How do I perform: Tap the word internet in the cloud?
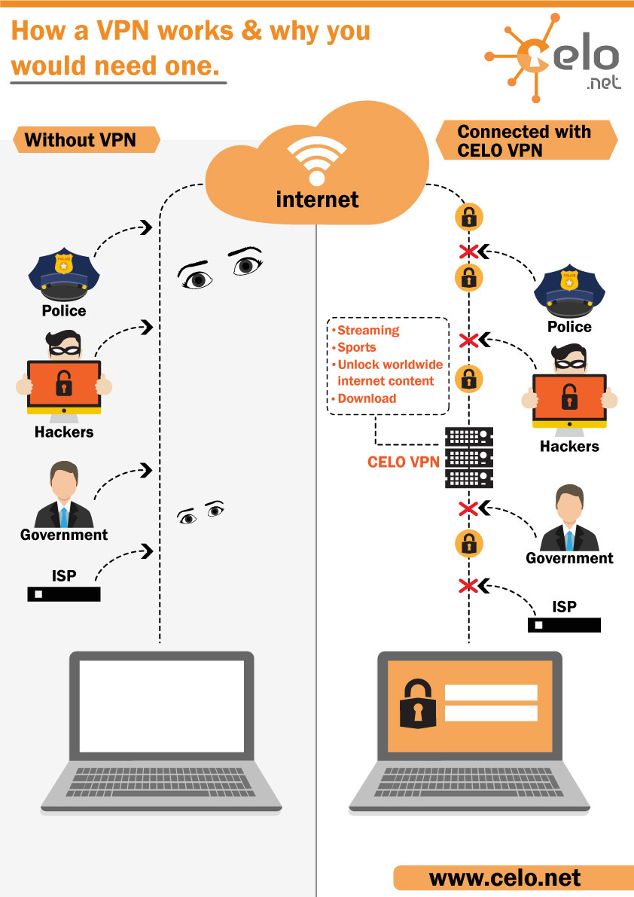click(317, 199)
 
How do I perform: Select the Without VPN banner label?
click(80, 139)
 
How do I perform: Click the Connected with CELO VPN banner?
click(524, 141)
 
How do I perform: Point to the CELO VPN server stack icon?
click(469, 457)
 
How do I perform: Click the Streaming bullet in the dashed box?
click(368, 330)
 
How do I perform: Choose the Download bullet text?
click(367, 398)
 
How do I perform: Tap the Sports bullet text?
click(356, 347)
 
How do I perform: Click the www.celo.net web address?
click(505, 877)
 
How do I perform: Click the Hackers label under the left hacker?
click(64, 432)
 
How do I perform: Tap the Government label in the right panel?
click(569, 558)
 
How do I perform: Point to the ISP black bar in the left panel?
click(64, 594)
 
